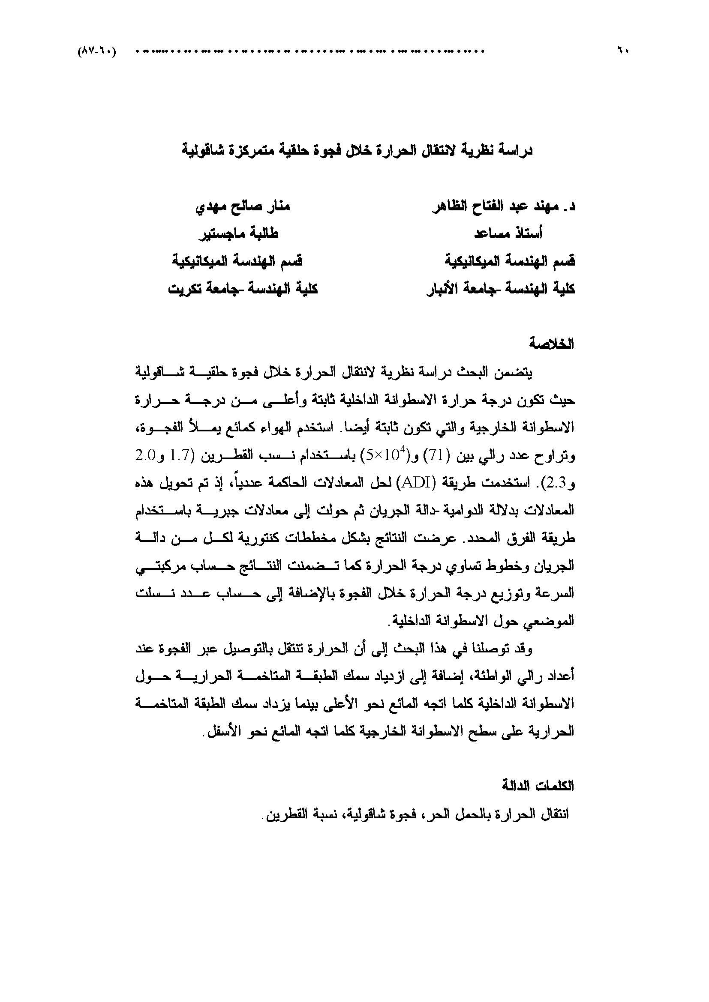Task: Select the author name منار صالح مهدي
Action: pos(242,206)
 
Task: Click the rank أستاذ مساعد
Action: pos(508,234)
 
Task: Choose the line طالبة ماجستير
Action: pos(239,234)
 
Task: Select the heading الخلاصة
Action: pos(552,344)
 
